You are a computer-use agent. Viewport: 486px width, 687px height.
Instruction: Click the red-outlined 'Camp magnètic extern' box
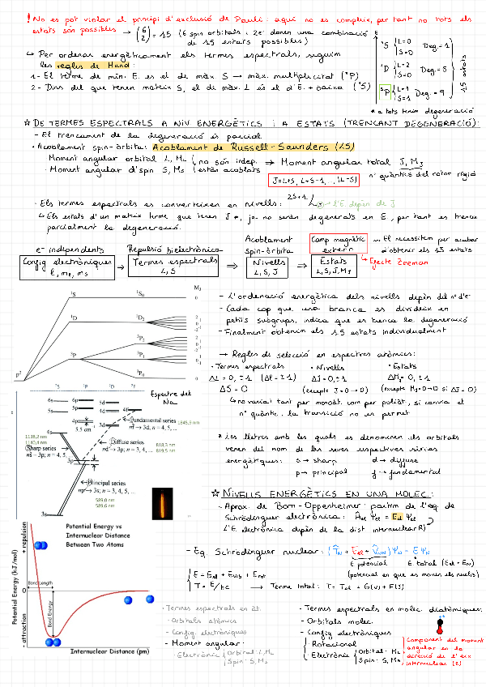(x=339, y=243)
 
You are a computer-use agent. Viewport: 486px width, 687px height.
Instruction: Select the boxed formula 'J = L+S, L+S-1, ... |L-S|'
(x=317, y=180)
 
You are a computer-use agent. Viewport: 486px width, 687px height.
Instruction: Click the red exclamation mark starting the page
(x=29, y=17)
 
